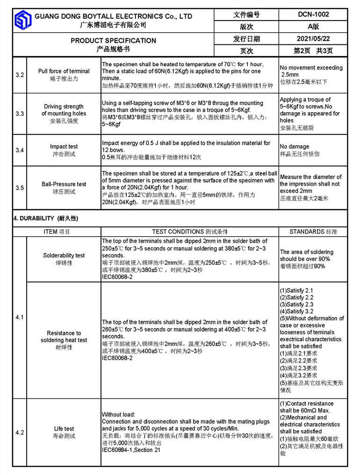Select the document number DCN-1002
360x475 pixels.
coord(313,14)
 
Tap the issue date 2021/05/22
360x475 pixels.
coord(313,39)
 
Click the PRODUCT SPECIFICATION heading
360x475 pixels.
coord(113,41)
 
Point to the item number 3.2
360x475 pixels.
coord(20,75)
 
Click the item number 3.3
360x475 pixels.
coord(20,113)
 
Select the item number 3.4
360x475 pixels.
coord(20,150)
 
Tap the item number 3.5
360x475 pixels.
coord(20,188)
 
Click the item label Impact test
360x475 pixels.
coord(64,147)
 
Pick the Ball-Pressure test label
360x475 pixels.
coord(64,184)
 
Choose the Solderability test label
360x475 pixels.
coord(64,255)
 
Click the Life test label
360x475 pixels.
coord(64,429)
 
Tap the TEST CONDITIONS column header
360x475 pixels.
coord(190,232)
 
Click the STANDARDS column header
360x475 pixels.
coord(313,232)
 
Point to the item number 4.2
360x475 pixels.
coord(20,432)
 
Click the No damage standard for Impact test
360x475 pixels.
coord(295,146)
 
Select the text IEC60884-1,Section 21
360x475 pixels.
coord(131,450)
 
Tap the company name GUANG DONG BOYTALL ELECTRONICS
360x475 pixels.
coord(113,16)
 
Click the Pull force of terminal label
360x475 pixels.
coord(64,71)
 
